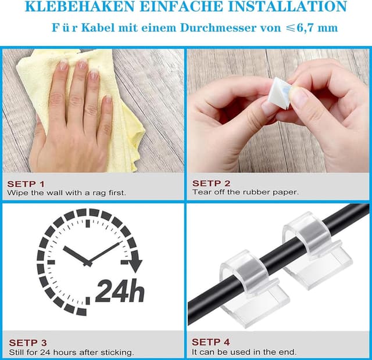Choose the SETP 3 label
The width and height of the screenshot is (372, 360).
pos(27,343)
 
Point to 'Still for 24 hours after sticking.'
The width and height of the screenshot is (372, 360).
pos(71,352)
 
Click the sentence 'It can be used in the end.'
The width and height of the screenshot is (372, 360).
pos(244,352)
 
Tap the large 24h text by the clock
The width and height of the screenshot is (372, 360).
pos(120,290)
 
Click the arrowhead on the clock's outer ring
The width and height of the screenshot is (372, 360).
pos(135,265)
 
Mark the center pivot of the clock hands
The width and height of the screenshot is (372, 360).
pos(88,262)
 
